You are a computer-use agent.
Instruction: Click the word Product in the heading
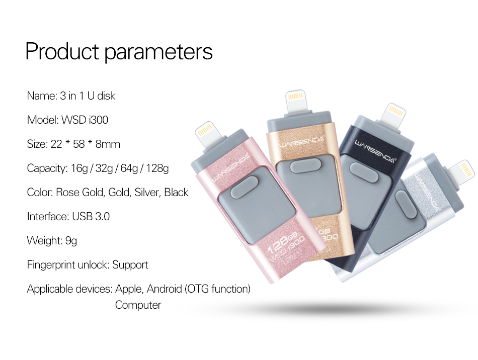click(x=62, y=51)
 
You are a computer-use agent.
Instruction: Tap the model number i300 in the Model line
click(x=99, y=120)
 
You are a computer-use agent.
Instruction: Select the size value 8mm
click(x=108, y=144)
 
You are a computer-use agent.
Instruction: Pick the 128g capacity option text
click(x=157, y=168)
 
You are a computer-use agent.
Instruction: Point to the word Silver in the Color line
click(x=147, y=192)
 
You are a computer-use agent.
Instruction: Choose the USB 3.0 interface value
click(x=91, y=216)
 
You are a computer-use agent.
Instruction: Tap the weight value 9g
click(x=71, y=241)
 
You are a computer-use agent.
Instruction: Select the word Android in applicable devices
click(x=165, y=289)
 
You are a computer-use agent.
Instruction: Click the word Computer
click(x=138, y=305)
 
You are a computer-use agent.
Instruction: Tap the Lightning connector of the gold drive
click(x=296, y=102)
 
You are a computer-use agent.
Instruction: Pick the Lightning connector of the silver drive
click(x=461, y=174)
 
